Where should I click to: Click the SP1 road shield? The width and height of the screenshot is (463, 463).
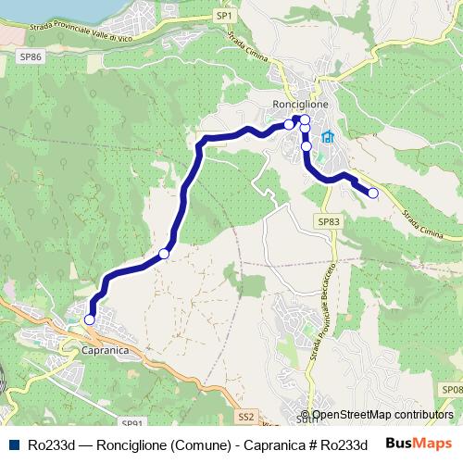pos(225,16)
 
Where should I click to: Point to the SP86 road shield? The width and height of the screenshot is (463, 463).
pos(31,56)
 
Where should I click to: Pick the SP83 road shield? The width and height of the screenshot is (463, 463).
pos(329,222)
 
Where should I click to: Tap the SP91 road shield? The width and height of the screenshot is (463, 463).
pos(131,422)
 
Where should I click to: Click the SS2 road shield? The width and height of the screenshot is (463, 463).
pos(245,418)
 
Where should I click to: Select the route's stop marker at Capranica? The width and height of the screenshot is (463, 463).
pos(90,319)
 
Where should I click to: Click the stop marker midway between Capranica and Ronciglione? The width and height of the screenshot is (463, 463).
pos(164,254)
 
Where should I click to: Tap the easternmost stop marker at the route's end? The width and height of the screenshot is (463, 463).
pos(373,194)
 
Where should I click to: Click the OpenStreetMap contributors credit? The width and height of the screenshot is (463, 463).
pos(382,415)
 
